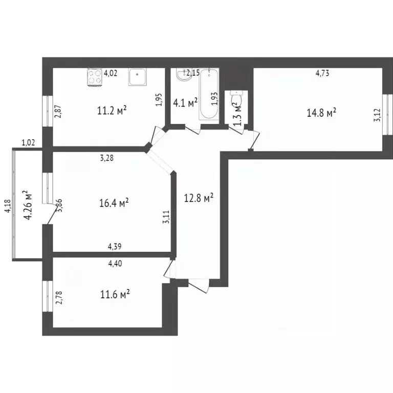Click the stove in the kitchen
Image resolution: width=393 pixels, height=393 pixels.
coord(95,77)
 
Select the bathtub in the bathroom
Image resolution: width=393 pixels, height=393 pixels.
coord(208,95)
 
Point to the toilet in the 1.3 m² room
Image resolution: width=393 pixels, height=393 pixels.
coord(236,97)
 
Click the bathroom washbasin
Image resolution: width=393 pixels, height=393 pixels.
coord(182,76)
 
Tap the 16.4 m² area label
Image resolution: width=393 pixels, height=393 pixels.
coord(114,203)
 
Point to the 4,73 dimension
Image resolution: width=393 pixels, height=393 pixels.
coord(322,73)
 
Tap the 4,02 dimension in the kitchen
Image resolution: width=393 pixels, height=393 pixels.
coord(111,73)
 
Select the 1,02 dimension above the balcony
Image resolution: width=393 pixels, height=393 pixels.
coord(28,143)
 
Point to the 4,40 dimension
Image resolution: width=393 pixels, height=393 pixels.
coord(115,264)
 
